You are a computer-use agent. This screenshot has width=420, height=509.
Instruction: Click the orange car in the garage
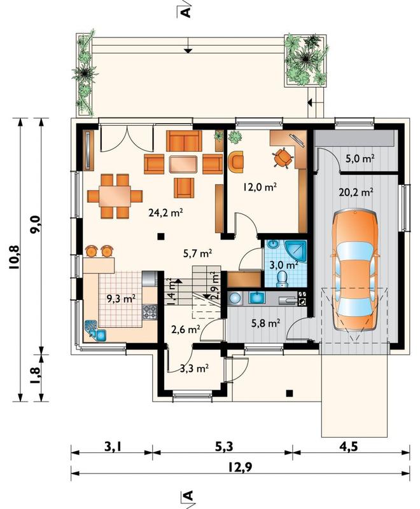[355, 270]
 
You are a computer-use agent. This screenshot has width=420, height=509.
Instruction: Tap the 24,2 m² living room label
[165, 213]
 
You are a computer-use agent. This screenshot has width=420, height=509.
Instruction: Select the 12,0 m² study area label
[260, 187]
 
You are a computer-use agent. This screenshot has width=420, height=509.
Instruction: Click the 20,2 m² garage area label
[356, 192]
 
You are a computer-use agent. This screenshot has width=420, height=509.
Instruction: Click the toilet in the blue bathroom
[281, 279]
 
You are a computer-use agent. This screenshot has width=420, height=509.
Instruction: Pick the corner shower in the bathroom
[295, 252]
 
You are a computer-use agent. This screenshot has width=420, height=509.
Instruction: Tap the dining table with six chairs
[115, 196]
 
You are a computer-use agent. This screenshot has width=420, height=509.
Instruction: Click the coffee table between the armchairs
[184, 164]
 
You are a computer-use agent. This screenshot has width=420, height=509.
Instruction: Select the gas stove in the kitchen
[150, 311]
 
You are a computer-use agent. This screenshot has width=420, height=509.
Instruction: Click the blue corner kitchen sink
[95, 331]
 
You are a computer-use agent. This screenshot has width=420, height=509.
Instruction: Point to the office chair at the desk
[283, 158]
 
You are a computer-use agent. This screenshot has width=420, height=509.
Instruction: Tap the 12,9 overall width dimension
[240, 468]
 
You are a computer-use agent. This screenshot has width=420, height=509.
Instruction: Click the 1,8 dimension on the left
[35, 376]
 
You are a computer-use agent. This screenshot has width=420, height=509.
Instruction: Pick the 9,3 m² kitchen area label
[122, 299]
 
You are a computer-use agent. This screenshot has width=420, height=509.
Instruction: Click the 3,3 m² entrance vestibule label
[194, 368]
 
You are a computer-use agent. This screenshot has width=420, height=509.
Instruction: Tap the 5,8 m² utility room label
[266, 323]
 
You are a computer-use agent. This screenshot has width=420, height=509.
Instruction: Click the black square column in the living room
[160, 236]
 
